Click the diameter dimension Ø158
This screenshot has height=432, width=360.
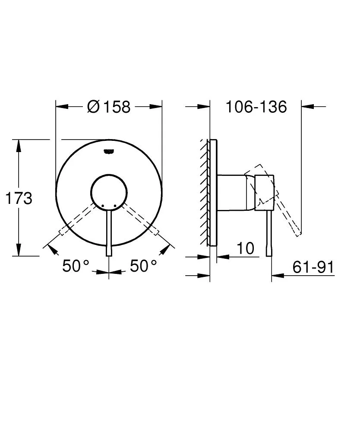(108, 106)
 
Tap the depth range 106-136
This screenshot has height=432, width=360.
(256, 106)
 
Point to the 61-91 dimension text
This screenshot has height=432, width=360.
(313, 267)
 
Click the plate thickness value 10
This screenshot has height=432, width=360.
(245, 248)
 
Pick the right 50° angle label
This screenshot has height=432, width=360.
(144, 266)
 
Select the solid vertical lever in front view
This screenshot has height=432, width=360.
(109, 233)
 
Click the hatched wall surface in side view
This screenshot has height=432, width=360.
(203, 193)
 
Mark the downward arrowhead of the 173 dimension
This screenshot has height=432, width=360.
(19, 250)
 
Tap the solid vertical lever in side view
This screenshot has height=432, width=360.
(269, 233)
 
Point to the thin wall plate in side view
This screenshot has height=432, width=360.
(212, 193)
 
